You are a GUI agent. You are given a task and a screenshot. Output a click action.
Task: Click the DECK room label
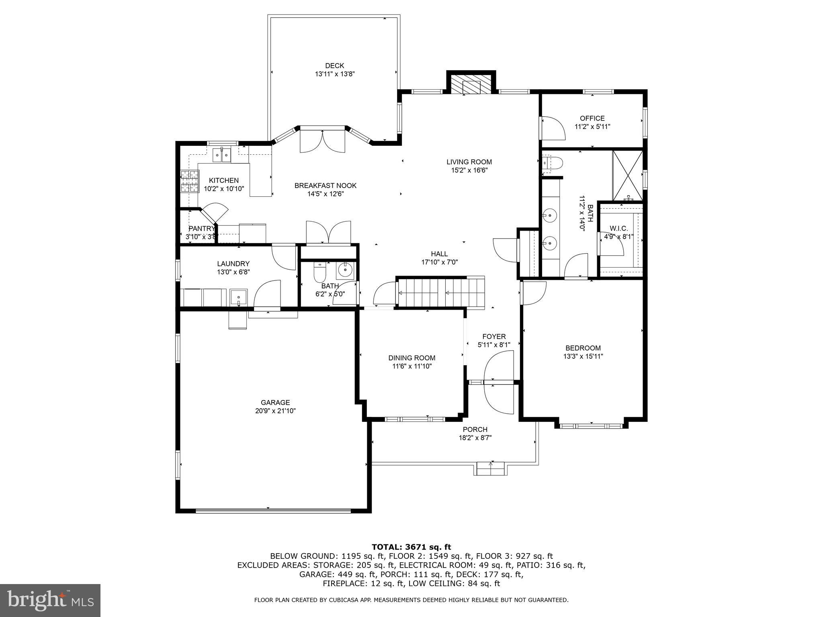click(x=334, y=66)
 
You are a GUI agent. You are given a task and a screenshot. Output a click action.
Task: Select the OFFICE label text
click(x=592, y=118)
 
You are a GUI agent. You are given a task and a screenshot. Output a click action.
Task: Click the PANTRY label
click(x=201, y=229)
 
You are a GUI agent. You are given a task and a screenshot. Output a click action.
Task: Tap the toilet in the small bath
click(x=320, y=273)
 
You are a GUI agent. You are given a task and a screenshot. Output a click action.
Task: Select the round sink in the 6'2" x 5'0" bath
click(x=345, y=270)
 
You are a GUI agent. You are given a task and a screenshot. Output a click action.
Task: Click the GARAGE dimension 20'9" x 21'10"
click(x=275, y=411)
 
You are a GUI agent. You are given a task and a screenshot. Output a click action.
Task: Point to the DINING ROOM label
click(x=411, y=358)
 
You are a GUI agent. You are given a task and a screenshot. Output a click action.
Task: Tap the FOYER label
click(x=494, y=337)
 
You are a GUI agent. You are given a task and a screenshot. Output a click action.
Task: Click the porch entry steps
click(x=490, y=469)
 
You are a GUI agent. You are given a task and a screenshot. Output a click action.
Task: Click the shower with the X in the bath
click(x=627, y=176)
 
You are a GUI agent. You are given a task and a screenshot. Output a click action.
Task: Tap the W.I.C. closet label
click(x=618, y=229)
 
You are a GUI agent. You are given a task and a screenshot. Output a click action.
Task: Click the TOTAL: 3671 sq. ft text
click(x=411, y=547)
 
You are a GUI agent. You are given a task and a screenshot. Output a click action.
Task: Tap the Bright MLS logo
click(x=50, y=601)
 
